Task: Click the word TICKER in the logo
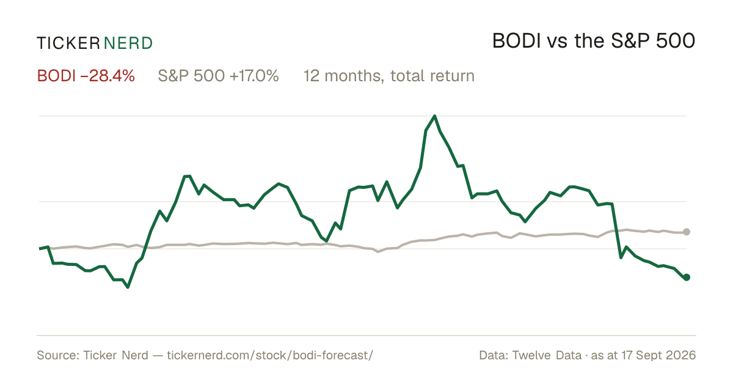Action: coord(68,43)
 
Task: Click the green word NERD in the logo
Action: coord(128,43)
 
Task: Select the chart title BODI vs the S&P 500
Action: coord(594,42)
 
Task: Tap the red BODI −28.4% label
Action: coord(86,76)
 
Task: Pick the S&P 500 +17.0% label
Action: coord(218,76)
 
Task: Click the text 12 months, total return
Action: coord(388,76)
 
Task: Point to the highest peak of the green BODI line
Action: coord(434,116)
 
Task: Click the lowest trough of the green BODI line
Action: coord(128,287)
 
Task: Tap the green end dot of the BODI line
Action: coord(687,277)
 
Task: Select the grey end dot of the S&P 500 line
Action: coord(687,232)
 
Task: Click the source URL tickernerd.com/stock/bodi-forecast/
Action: coord(270,355)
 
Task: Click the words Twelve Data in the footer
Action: coord(547,355)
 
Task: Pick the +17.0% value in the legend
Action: coord(254,76)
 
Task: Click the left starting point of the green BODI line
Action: coord(40,249)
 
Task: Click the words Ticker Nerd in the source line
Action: coord(115,355)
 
